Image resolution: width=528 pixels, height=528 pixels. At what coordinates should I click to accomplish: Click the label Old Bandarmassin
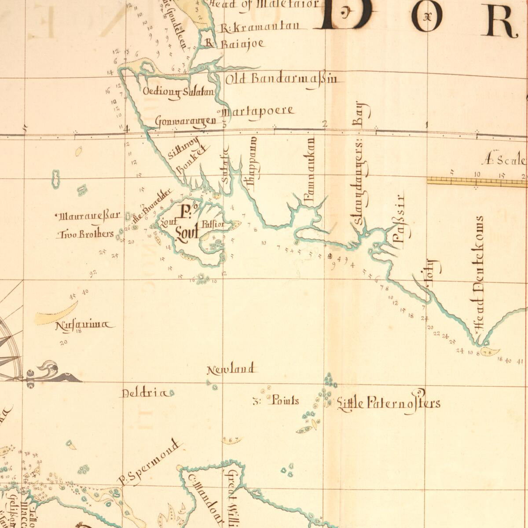[x=282, y=80]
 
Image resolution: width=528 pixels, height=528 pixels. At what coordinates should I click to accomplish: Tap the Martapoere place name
[x=259, y=111]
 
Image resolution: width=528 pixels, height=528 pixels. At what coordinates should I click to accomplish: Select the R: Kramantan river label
[x=260, y=28]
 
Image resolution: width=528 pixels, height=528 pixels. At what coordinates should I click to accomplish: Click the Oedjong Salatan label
[x=179, y=92]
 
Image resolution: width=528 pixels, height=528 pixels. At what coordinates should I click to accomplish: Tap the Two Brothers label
[x=85, y=234]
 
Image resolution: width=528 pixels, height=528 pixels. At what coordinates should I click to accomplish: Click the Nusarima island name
[x=84, y=326]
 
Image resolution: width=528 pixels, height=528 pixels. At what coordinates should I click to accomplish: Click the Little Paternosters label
[x=388, y=402]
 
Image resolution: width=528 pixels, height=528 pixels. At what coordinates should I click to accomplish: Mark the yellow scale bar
[x=477, y=181]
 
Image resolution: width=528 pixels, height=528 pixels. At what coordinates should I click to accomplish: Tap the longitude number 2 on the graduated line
[x=325, y=124]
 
